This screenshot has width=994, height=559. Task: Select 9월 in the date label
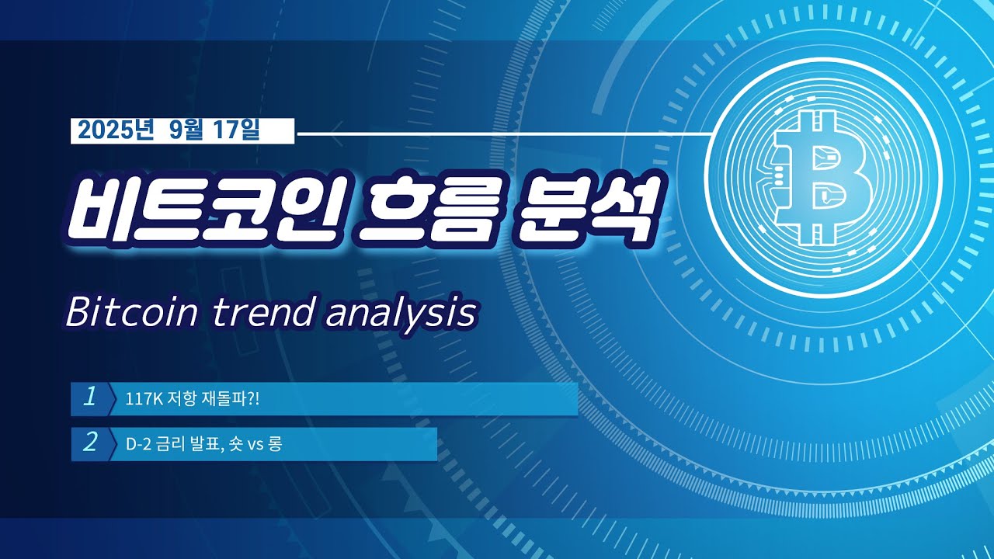click(184, 131)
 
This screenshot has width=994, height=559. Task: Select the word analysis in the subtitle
click(400, 313)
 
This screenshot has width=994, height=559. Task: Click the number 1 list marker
click(90, 398)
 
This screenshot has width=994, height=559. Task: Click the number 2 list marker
click(90, 443)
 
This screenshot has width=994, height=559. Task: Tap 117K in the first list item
click(140, 400)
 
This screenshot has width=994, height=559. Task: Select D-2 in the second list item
click(137, 445)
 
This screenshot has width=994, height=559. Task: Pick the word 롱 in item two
click(276, 445)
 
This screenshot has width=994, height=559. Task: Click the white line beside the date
click(505, 133)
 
